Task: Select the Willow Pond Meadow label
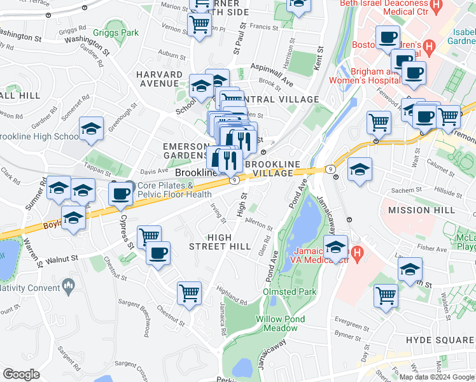(280, 323)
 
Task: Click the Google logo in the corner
(21, 374)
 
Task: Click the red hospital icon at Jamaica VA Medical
(357, 255)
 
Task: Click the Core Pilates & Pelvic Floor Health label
(165, 190)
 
